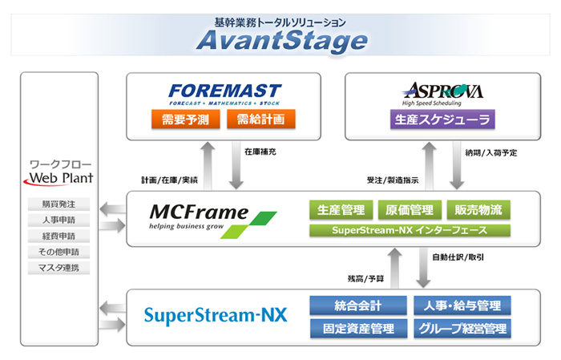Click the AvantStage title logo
282,41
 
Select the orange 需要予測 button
185,119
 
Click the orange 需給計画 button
260,119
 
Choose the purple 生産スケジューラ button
442,119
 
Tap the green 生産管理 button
341,210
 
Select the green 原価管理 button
410,210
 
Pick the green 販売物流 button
478,210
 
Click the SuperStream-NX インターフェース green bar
410,230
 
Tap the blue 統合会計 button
358,305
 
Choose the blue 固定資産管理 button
358,329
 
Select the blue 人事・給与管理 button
462,305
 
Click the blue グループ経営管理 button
462,329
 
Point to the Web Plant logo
59,178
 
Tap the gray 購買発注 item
59,204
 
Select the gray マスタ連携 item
59,268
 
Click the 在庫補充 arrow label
260,152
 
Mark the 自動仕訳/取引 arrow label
458,257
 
